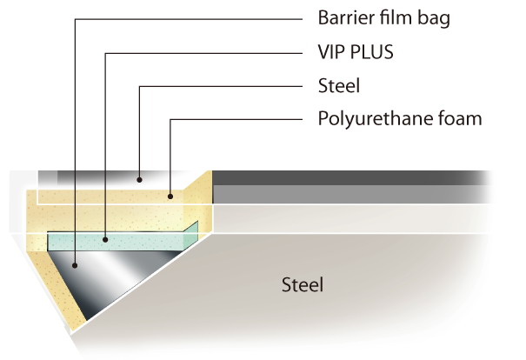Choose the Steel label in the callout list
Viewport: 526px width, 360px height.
pyautogui.click(x=338, y=85)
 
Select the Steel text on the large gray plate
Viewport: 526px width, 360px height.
pyautogui.click(x=303, y=284)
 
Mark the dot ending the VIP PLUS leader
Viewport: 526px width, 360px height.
pyautogui.click(x=105, y=237)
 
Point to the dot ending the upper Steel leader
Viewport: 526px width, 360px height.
pyautogui.click(x=139, y=180)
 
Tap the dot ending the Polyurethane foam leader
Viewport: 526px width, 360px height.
pyautogui.click(x=170, y=197)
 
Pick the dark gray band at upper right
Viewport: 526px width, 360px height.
pyautogui.click(x=348, y=177)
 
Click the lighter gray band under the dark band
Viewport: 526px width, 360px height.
pyautogui.click(x=348, y=194)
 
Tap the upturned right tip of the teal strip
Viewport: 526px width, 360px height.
pyautogui.click(x=194, y=229)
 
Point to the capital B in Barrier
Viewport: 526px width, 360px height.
pyautogui.click(x=323, y=17)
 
